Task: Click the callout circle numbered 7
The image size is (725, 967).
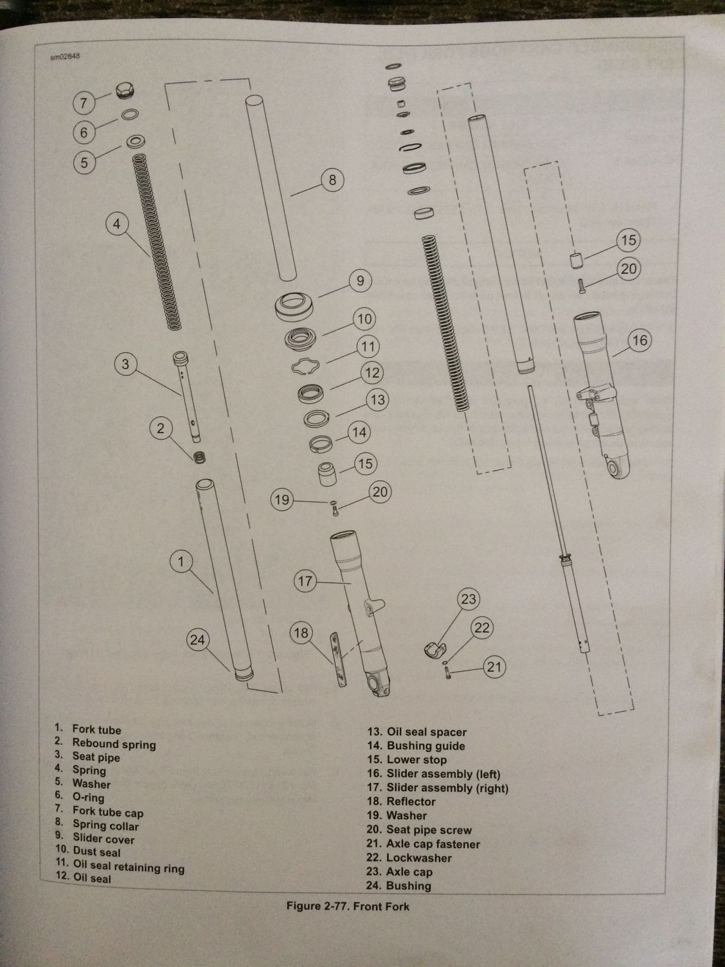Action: click(x=84, y=102)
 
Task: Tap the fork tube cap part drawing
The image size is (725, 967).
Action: click(x=124, y=91)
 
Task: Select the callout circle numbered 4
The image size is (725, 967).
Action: click(x=117, y=224)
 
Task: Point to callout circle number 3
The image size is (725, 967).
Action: click(x=125, y=365)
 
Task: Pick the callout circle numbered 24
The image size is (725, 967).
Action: click(x=198, y=640)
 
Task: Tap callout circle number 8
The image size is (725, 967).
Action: click(x=332, y=180)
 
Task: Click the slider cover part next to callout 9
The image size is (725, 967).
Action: click(x=295, y=304)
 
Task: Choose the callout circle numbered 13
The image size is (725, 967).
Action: click(x=377, y=400)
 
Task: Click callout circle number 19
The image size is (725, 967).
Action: click(x=283, y=500)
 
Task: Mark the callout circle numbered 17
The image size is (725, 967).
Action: click(x=305, y=581)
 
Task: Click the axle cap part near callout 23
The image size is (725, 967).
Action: click(x=435, y=649)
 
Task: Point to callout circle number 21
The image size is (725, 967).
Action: click(x=494, y=667)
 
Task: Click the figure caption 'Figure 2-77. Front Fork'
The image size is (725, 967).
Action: click(x=347, y=907)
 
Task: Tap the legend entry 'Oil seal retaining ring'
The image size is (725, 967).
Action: click(x=129, y=867)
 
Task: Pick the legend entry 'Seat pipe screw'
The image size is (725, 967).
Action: click(x=429, y=830)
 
